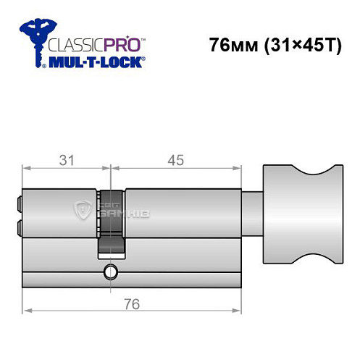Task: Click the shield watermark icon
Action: (x=83, y=211)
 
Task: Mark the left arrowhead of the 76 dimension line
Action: (x=26, y=311)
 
